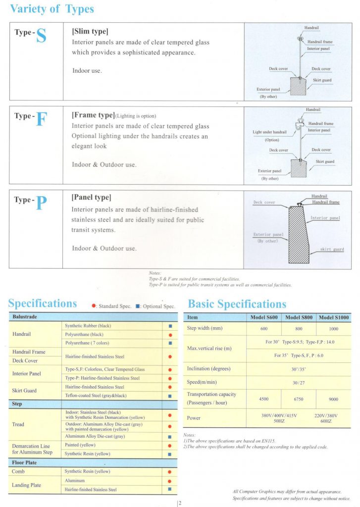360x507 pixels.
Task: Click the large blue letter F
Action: point(41,119)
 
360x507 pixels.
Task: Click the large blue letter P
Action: point(41,203)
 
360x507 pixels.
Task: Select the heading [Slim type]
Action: point(90,31)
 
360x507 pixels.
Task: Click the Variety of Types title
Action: point(52,9)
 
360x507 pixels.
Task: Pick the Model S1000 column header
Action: point(334,317)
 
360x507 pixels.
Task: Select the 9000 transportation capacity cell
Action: point(334,399)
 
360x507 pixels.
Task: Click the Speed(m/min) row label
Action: point(201,382)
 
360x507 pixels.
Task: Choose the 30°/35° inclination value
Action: point(299,369)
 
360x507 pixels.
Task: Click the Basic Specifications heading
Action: point(237,304)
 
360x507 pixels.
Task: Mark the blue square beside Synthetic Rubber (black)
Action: point(170,326)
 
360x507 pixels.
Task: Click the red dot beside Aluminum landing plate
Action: point(170,481)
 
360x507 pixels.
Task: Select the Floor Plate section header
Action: point(25,462)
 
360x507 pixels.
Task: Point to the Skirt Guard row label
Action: point(25,391)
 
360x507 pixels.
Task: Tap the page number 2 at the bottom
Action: point(180,504)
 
